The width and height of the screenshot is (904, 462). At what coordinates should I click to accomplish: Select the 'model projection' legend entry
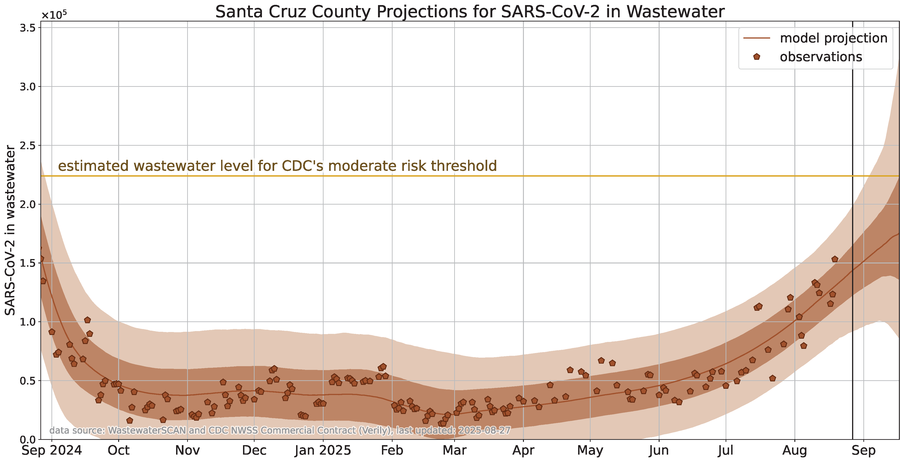pyautogui.click(x=833, y=38)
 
